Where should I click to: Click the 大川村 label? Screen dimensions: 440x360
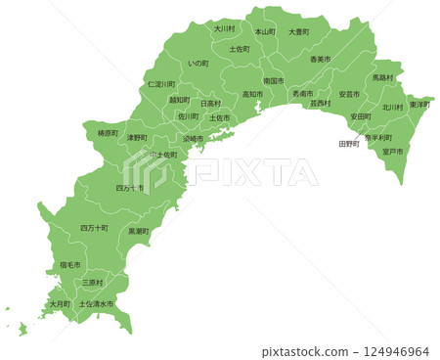(225, 29)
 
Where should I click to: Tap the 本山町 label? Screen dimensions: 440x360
(265, 31)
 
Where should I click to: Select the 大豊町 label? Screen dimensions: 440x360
(298, 31)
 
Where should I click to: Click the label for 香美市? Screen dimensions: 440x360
(321, 60)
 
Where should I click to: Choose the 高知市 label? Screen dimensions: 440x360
(252, 95)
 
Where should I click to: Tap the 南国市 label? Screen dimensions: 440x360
(274, 81)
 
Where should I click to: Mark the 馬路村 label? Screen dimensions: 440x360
(382, 77)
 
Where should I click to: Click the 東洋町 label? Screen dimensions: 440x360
(420, 104)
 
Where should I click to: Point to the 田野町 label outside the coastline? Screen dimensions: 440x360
(349, 144)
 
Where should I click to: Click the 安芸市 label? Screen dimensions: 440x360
(349, 94)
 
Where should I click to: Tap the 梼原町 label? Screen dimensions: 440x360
(109, 133)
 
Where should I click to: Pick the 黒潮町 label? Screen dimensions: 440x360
(139, 231)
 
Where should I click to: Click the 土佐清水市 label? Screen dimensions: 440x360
(96, 304)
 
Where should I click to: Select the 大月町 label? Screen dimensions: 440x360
(60, 304)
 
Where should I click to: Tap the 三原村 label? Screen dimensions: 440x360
(93, 283)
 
